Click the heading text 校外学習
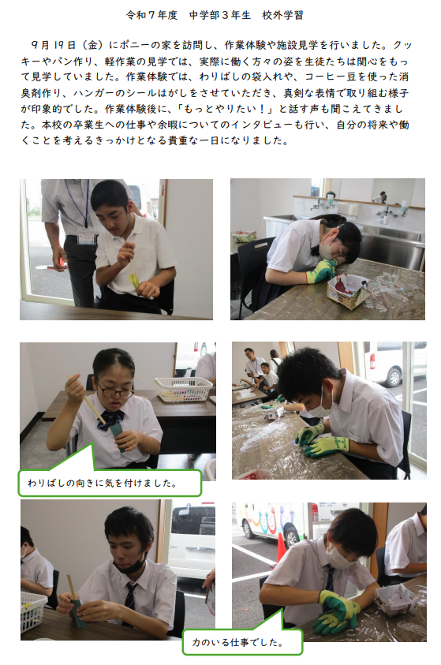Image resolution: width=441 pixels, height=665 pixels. (282, 15)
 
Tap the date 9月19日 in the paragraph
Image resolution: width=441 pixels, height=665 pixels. (53, 45)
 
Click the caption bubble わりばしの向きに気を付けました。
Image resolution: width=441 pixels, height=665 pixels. (110, 483)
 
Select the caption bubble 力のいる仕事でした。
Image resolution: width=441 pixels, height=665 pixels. (242, 642)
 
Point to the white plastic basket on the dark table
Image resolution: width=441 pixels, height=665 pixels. (183, 388)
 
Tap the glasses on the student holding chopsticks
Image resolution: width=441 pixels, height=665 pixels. (115, 390)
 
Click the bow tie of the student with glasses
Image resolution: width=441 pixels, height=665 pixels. (111, 420)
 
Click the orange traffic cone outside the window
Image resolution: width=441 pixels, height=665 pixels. (281, 547)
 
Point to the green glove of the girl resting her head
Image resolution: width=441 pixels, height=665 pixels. (321, 271)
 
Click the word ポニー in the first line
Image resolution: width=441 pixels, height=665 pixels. (135, 45)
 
